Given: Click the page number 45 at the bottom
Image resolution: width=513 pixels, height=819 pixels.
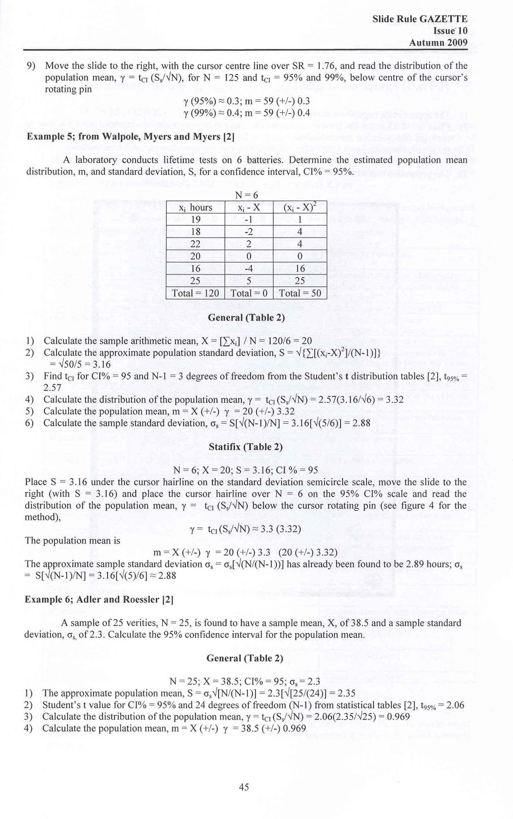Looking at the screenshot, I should pyautogui.click(x=244, y=787).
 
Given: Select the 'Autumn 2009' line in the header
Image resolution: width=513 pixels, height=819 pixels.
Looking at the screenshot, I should pyautogui.click(x=438, y=43).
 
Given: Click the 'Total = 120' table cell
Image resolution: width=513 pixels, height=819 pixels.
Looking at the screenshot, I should pyautogui.click(x=195, y=293).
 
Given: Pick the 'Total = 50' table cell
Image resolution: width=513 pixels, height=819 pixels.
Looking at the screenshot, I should pyautogui.click(x=300, y=293).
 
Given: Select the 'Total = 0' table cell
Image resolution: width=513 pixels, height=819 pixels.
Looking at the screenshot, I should pyautogui.click(x=249, y=293).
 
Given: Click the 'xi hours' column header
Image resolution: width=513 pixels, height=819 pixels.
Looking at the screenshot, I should pyautogui.click(x=195, y=208).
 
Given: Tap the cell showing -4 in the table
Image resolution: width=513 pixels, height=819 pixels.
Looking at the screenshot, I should pyautogui.click(x=249, y=269).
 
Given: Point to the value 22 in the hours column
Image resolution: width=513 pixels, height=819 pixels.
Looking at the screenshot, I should pyautogui.click(x=195, y=244).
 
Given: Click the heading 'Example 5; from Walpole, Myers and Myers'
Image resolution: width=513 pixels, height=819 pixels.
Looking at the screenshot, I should pyautogui.click(x=130, y=136).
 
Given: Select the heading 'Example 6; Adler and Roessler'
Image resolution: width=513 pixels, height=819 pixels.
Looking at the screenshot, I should pyautogui.click(x=99, y=599).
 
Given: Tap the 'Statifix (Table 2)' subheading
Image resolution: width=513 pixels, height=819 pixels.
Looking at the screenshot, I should pyautogui.click(x=245, y=447).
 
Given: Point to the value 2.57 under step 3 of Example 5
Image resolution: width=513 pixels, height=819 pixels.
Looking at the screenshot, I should pyautogui.click(x=52, y=387).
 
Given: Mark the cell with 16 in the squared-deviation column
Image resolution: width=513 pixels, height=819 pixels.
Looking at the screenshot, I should pyautogui.click(x=300, y=269).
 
